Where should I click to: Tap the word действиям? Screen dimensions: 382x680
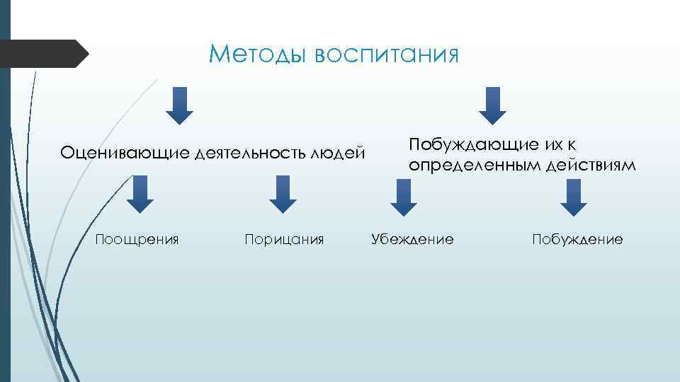tap(591, 165)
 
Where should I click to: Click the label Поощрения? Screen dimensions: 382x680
tap(137, 239)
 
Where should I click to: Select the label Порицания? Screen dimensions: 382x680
tap(284, 239)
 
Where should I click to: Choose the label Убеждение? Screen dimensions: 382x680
tap(412, 239)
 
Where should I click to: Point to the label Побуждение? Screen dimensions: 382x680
tap(577, 239)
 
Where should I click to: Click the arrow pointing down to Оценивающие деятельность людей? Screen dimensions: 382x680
tap(180, 105)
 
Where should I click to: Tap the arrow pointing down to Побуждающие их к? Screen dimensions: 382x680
tap(493, 105)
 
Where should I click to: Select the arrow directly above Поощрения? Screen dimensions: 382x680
tap(140, 195)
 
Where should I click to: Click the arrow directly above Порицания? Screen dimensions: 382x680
tap(283, 195)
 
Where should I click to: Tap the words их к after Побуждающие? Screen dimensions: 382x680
tap(560, 145)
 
